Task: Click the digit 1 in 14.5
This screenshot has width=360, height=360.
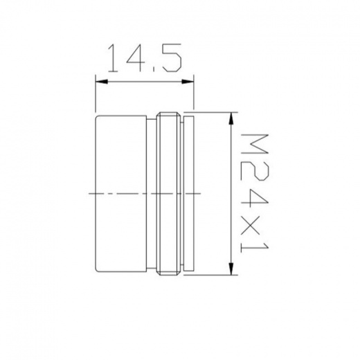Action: (113, 58)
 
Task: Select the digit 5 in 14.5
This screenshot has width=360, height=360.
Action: (171, 58)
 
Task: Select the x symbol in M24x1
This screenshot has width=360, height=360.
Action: (254, 224)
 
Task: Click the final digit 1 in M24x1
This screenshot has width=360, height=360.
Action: (254, 247)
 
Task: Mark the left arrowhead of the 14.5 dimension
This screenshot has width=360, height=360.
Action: (102, 82)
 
